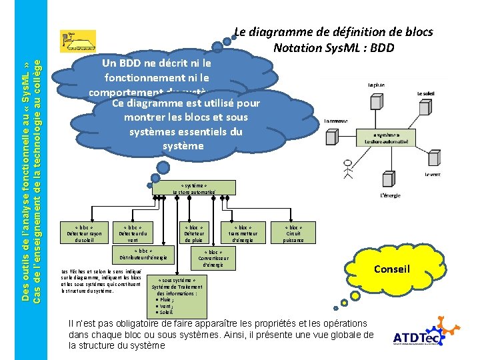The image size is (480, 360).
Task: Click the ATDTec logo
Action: click(x=417, y=337)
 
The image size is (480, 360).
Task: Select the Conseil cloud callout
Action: click(x=391, y=269)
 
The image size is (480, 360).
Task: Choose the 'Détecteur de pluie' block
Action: click(x=194, y=233)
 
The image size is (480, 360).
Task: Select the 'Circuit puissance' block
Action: click(x=293, y=233)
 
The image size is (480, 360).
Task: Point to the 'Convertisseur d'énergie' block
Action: click(x=213, y=259)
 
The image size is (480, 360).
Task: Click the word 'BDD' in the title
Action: click(x=381, y=48)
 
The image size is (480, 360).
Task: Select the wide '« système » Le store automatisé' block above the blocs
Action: click(x=194, y=187)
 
